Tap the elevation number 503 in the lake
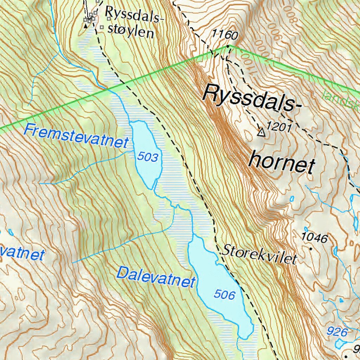[x=148, y=157]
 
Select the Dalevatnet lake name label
[x=156, y=277]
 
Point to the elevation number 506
[x=224, y=294]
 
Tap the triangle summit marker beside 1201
[x=261, y=132]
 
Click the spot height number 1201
[x=279, y=127]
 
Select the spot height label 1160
[x=225, y=35]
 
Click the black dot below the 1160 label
[x=228, y=46]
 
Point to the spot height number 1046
[x=315, y=238]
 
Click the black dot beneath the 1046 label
[x=310, y=248]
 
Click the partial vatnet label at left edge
[x=22, y=253]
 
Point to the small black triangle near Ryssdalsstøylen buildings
[x=85, y=26]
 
